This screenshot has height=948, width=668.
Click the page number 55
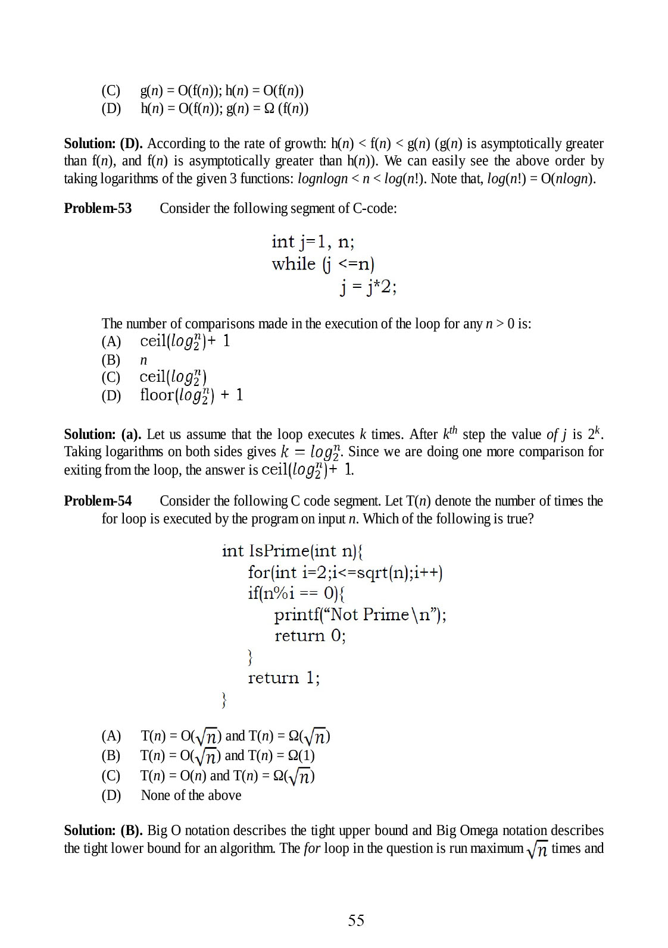(x=355, y=920)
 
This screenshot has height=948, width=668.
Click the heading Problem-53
(x=98, y=208)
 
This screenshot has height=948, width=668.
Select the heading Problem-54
(x=98, y=501)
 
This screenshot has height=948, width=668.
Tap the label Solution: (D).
(x=103, y=143)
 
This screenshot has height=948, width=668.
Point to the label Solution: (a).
(x=102, y=434)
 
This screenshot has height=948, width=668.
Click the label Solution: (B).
(x=103, y=830)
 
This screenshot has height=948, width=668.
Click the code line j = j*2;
(x=368, y=287)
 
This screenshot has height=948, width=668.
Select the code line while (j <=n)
(x=323, y=263)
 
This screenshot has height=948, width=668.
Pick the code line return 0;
(x=310, y=636)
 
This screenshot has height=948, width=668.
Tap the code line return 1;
(x=283, y=678)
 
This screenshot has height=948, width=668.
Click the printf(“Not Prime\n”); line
(x=360, y=614)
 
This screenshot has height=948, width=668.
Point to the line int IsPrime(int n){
(x=292, y=551)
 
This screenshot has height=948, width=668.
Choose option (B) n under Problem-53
(x=143, y=360)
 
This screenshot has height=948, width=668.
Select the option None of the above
(x=191, y=795)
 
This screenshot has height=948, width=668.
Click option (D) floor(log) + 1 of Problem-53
(x=191, y=395)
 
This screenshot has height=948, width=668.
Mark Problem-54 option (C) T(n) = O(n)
(x=226, y=776)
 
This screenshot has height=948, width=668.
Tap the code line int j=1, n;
(x=313, y=241)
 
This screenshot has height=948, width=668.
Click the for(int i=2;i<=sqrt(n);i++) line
(x=345, y=572)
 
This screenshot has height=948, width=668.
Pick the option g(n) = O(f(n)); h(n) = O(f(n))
(x=221, y=90)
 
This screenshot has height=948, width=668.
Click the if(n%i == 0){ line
(x=296, y=593)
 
